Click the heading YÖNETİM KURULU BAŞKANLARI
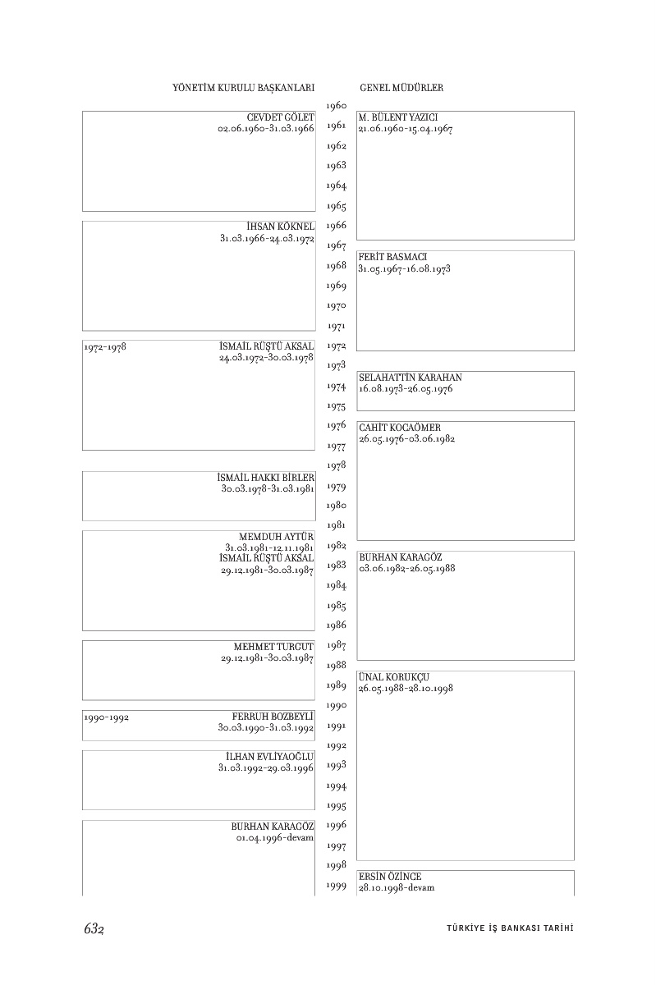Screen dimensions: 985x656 [x=244, y=87]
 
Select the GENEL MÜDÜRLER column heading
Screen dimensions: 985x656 [x=401, y=87]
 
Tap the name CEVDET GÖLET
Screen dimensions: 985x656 [x=280, y=117]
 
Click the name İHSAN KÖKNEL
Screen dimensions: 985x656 [x=280, y=227]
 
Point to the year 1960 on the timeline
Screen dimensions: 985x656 [x=336, y=106]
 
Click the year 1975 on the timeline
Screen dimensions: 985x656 [x=336, y=406]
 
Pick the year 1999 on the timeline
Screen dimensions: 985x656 [x=336, y=886]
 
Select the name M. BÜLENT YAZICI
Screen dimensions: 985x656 [x=398, y=118]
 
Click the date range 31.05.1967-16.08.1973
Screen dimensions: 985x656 [x=405, y=268]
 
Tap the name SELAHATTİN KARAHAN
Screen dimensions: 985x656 [x=411, y=378]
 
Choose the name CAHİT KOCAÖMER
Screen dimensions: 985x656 [x=400, y=428]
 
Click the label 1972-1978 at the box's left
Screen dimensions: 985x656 [x=104, y=347]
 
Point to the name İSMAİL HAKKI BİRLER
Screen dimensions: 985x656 [x=266, y=478]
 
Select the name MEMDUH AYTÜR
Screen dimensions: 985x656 [x=277, y=537]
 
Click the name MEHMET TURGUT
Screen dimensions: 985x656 [x=273, y=647]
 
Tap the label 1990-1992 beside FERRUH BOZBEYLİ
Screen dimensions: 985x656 [x=106, y=717]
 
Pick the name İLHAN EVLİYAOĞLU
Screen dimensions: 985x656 [x=270, y=756]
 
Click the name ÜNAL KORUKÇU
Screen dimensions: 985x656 [x=394, y=677]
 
